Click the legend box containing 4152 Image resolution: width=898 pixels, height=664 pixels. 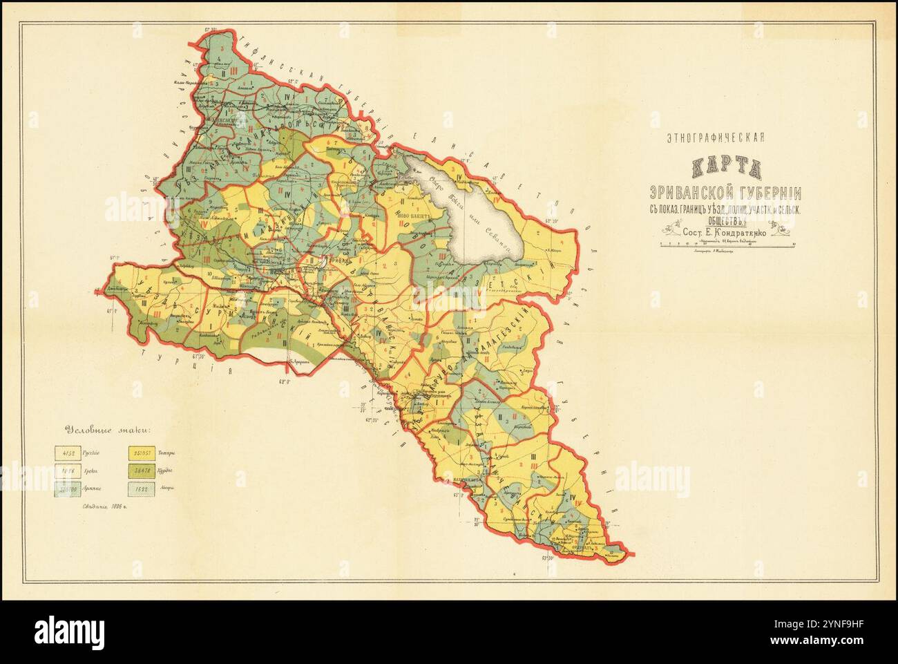click(68, 453)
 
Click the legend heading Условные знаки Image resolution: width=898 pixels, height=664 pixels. click(109, 428)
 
